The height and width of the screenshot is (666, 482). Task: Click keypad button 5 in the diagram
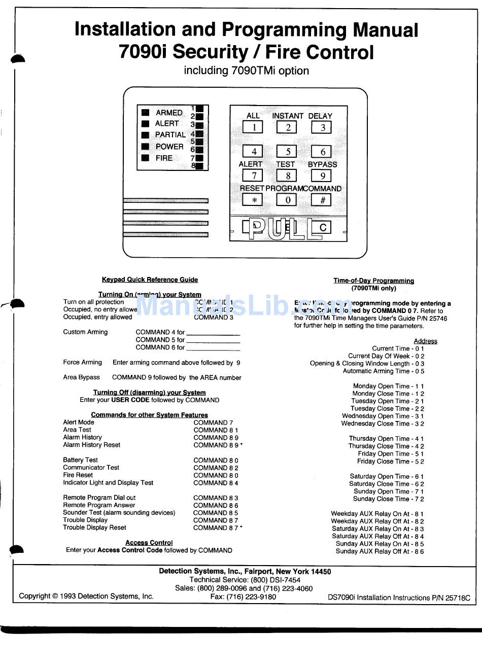(287, 151)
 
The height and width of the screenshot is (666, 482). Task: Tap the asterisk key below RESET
(253, 200)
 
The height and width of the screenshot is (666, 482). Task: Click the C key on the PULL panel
(322, 228)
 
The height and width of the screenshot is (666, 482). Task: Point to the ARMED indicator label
(169, 113)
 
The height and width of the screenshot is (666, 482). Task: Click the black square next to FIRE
(146, 158)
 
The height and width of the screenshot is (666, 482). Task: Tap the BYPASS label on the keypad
(322, 164)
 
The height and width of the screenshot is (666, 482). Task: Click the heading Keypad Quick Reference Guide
(150, 279)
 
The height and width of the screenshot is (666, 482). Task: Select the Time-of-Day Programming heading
(373, 281)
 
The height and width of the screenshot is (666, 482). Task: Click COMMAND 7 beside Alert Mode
(213, 423)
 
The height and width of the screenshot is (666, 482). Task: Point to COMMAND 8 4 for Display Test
(216, 483)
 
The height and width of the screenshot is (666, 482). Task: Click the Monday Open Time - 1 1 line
(388, 386)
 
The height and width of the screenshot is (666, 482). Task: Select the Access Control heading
(149, 543)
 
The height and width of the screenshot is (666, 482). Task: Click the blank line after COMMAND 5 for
(213, 340)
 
